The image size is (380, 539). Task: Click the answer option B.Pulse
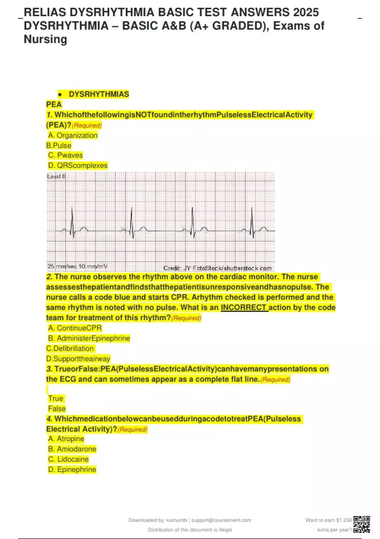coord(59,146)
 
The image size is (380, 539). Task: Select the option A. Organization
coord(73,135)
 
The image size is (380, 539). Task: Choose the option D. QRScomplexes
coord(78,166)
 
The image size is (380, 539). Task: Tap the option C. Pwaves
coord(66,155)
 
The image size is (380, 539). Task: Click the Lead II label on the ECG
coord(56,176)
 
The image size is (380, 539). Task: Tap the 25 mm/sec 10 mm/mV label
coord(77,266)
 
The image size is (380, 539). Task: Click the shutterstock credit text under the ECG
coord(218,268)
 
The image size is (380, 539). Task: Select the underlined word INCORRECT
coord(244,308)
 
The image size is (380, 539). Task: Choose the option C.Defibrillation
coord(70,348)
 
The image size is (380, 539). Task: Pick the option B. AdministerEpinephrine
coord(89,338)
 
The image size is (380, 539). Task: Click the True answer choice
coord(56,399)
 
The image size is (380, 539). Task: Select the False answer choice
coord(57,409)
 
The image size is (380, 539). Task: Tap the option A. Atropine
coord(66,439)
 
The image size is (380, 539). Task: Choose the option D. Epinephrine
coord(72,470)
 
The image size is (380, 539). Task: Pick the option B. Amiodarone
coord(72,449)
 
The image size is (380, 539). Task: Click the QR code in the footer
coord(362,524)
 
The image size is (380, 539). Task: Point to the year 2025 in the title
coord(306,12)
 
